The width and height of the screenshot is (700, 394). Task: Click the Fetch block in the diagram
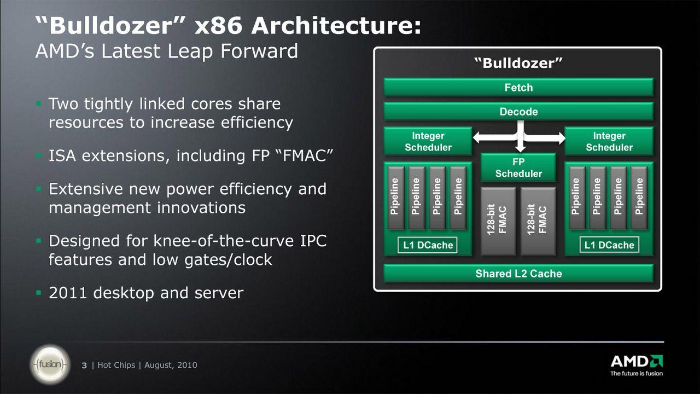[x=518, y=87]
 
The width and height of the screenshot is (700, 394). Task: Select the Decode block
[x=518, y=111]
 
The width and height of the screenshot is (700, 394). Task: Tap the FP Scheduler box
[x=518, y=167]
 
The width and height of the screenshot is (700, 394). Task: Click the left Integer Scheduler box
[x=428, y=141]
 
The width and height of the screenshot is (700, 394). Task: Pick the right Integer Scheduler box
[x=609, y=141]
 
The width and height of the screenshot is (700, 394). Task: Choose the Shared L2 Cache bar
[x=518, y=273]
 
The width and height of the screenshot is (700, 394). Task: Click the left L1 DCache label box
[x=428, y=245]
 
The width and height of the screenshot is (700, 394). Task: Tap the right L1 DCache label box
[x=609, y=245]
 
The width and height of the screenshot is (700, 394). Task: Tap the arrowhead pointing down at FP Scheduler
[x=520, y=149]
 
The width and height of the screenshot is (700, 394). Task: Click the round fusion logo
[x=50, y=364]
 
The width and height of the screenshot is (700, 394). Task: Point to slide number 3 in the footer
[x=84, y=365]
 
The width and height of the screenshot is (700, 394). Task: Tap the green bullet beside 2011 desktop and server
[x=39, y=293]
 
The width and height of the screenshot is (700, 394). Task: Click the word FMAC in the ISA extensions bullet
[x=305, y=155]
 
